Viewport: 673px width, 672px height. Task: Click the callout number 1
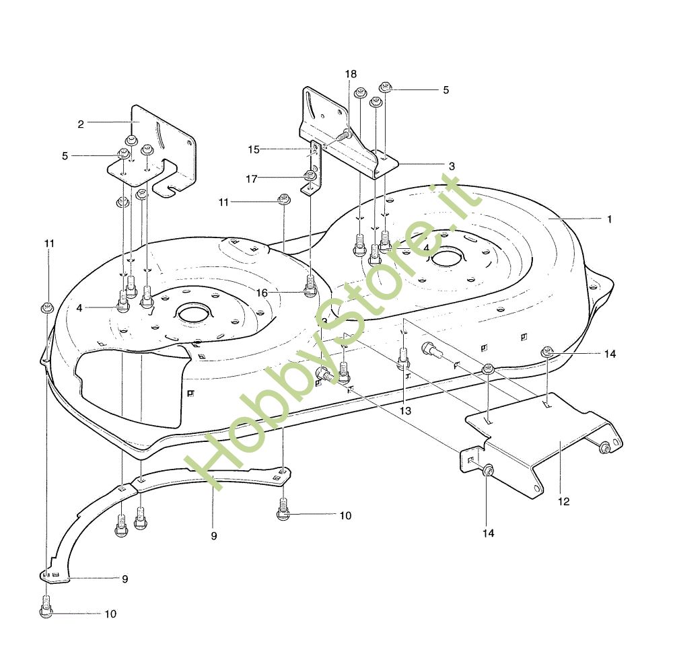609,219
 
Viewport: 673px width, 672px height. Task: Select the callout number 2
81,124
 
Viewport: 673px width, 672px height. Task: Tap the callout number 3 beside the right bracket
452,166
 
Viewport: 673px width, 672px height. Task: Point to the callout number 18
351,74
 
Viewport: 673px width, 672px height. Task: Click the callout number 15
254,149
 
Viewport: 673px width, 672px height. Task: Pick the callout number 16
262,293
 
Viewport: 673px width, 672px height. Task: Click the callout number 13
405,410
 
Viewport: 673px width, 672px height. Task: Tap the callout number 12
563,501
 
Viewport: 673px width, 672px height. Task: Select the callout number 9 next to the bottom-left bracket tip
125,579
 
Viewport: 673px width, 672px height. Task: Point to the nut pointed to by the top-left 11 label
46,307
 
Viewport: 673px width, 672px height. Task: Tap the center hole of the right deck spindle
448,259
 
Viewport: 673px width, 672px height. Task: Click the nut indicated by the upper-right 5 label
386,87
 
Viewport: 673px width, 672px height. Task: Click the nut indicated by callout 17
310,175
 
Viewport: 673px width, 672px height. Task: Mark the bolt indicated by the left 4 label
123,301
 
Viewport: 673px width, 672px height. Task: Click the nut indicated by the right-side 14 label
546,351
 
